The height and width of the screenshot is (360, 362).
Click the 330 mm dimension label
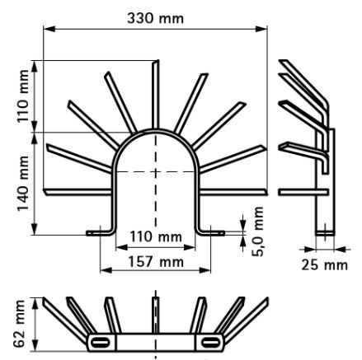click(x=155, y=18)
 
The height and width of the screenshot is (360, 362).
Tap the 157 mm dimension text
click(x=156, y=262)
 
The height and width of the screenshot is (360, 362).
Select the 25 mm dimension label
click(x=324, y=265)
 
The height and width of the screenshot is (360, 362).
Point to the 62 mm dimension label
click(x=20, y=324)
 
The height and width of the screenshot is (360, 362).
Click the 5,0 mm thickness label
click(x=258, y=231)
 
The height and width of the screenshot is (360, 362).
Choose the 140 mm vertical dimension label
click(x=23, y=184)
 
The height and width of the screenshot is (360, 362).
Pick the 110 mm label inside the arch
click(x=156, y=236)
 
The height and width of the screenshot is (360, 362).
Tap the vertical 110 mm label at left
click(x=23, y=96)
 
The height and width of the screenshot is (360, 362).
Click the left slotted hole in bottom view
click(x=101, y=342)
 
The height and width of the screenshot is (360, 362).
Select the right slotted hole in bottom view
click(x=211, y=342)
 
